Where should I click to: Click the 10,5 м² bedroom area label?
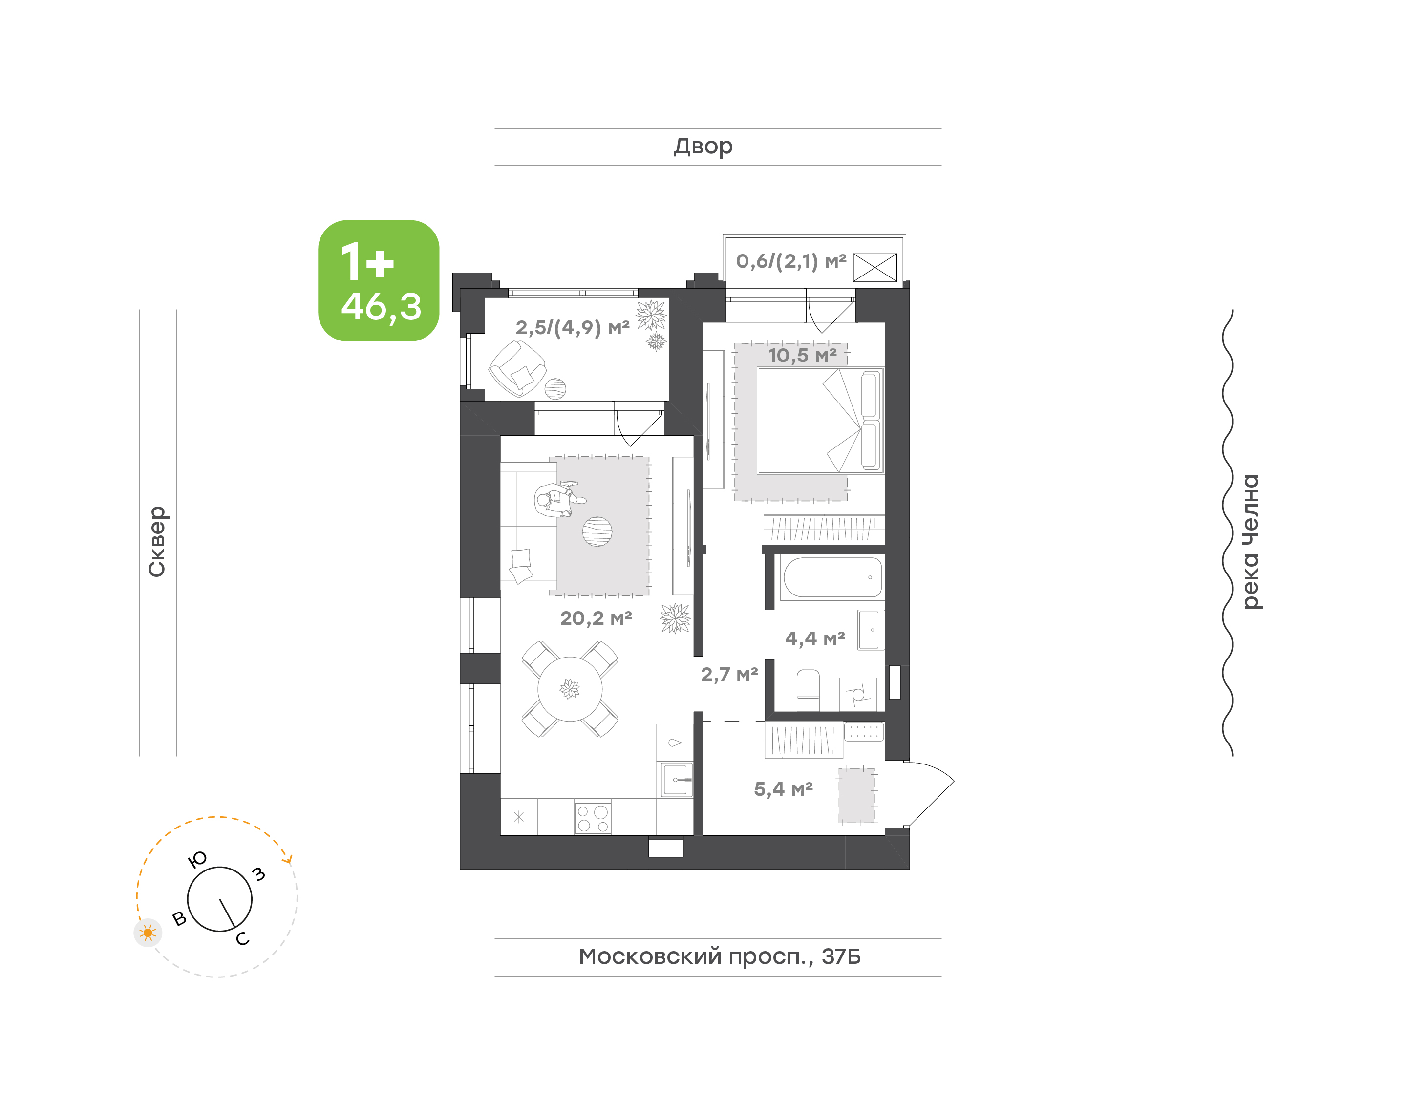pos(802,356)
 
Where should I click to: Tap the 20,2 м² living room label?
pos(596,618)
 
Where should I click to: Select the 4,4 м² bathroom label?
pos(815,639)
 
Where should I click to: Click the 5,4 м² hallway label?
pos(783,789)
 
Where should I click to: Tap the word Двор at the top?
pos(703,147)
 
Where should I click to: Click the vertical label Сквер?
pos(157,541)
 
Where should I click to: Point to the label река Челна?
pos(1251,542)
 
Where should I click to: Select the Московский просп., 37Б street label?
pos(719,956)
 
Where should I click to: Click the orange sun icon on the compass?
pos(148,933)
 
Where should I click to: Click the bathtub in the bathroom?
pos(832,578)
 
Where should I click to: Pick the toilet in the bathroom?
pos(808,690)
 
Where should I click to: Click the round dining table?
pos(569,689)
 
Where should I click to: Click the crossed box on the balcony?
pos(874,268)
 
